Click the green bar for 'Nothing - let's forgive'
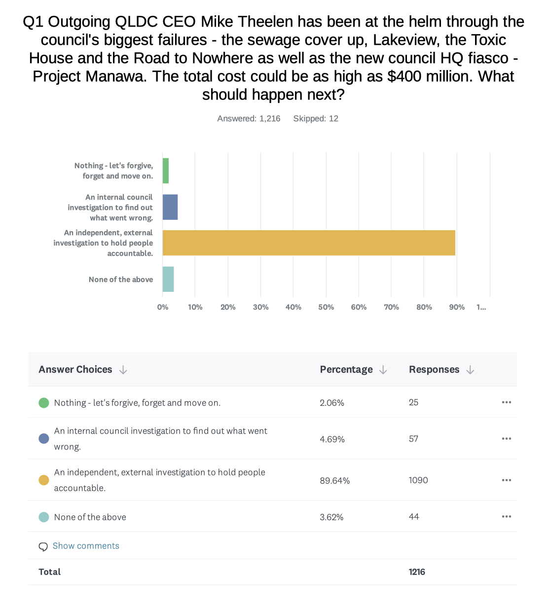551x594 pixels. [166, 171]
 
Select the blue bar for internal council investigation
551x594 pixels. [170, 207]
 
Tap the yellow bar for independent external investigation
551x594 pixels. [309, 243]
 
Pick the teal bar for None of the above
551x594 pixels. [168, 279]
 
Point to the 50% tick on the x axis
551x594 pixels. [326, 307]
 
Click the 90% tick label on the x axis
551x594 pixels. [457, 307]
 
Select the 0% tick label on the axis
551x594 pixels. [162, 307]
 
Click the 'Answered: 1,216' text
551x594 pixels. [249, 119]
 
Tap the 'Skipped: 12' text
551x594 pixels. [316, 119]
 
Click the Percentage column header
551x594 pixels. [346, 369]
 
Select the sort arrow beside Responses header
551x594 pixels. [470, 370]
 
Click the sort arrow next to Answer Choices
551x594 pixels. [123, 370]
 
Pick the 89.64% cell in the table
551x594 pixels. [334, 480]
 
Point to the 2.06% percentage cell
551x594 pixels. [332, 403]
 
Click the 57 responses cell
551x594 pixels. [413, 439]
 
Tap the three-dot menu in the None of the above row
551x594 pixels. [507, 517]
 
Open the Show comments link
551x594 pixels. [86, 546]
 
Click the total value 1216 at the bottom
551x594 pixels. [417, 572]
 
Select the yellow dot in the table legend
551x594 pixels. [44, 480]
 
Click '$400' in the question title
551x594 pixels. [404, 76]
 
